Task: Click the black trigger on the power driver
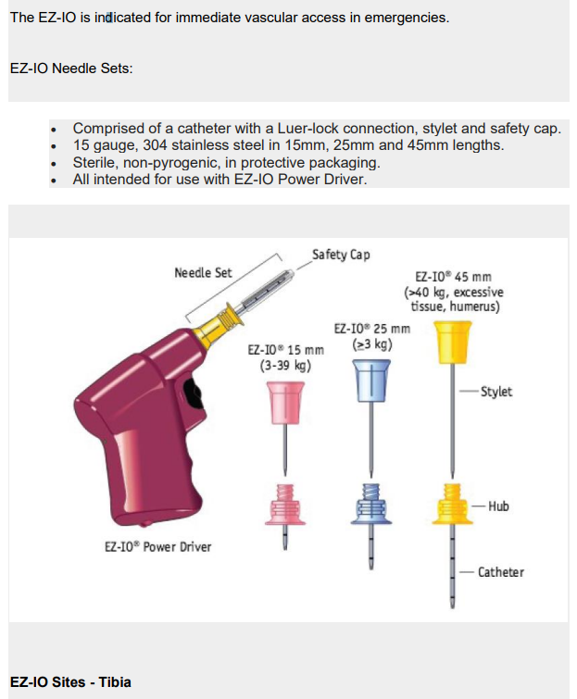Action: pyautogui.click(x=194, y=393)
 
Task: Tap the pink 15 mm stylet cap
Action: pyautogui.click(x=285, y=402)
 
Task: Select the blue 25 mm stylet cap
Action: pyautogui.click(x=371, y=381)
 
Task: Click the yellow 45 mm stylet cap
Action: pyautogui.click(x=452, y=342)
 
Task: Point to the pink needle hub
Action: pyautogui.click(x=285, y=506)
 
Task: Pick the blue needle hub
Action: pyautogui.click(x=371, y=505)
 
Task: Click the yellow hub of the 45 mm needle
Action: pyautogui.click(x=452, y=505)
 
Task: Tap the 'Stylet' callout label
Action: pyautogui.click(x=495, y=392)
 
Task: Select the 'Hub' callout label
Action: pyautogui.click(x=498, y=506)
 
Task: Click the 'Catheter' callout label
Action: pyautogui.click(x=501, y=572)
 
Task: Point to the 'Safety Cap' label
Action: pyautogui.click(x=341, y=255)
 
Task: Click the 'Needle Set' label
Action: pyautogui.click(x=203, y=272)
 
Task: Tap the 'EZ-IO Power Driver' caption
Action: pyautogui.click(x=157, y=546)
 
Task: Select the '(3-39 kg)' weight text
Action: pyautogui.click(x=285, y=366)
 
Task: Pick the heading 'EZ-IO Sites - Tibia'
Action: pyautogui.click(x=70, y=682)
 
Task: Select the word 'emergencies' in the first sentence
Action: pyautogui.click(x=406, y=18)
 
